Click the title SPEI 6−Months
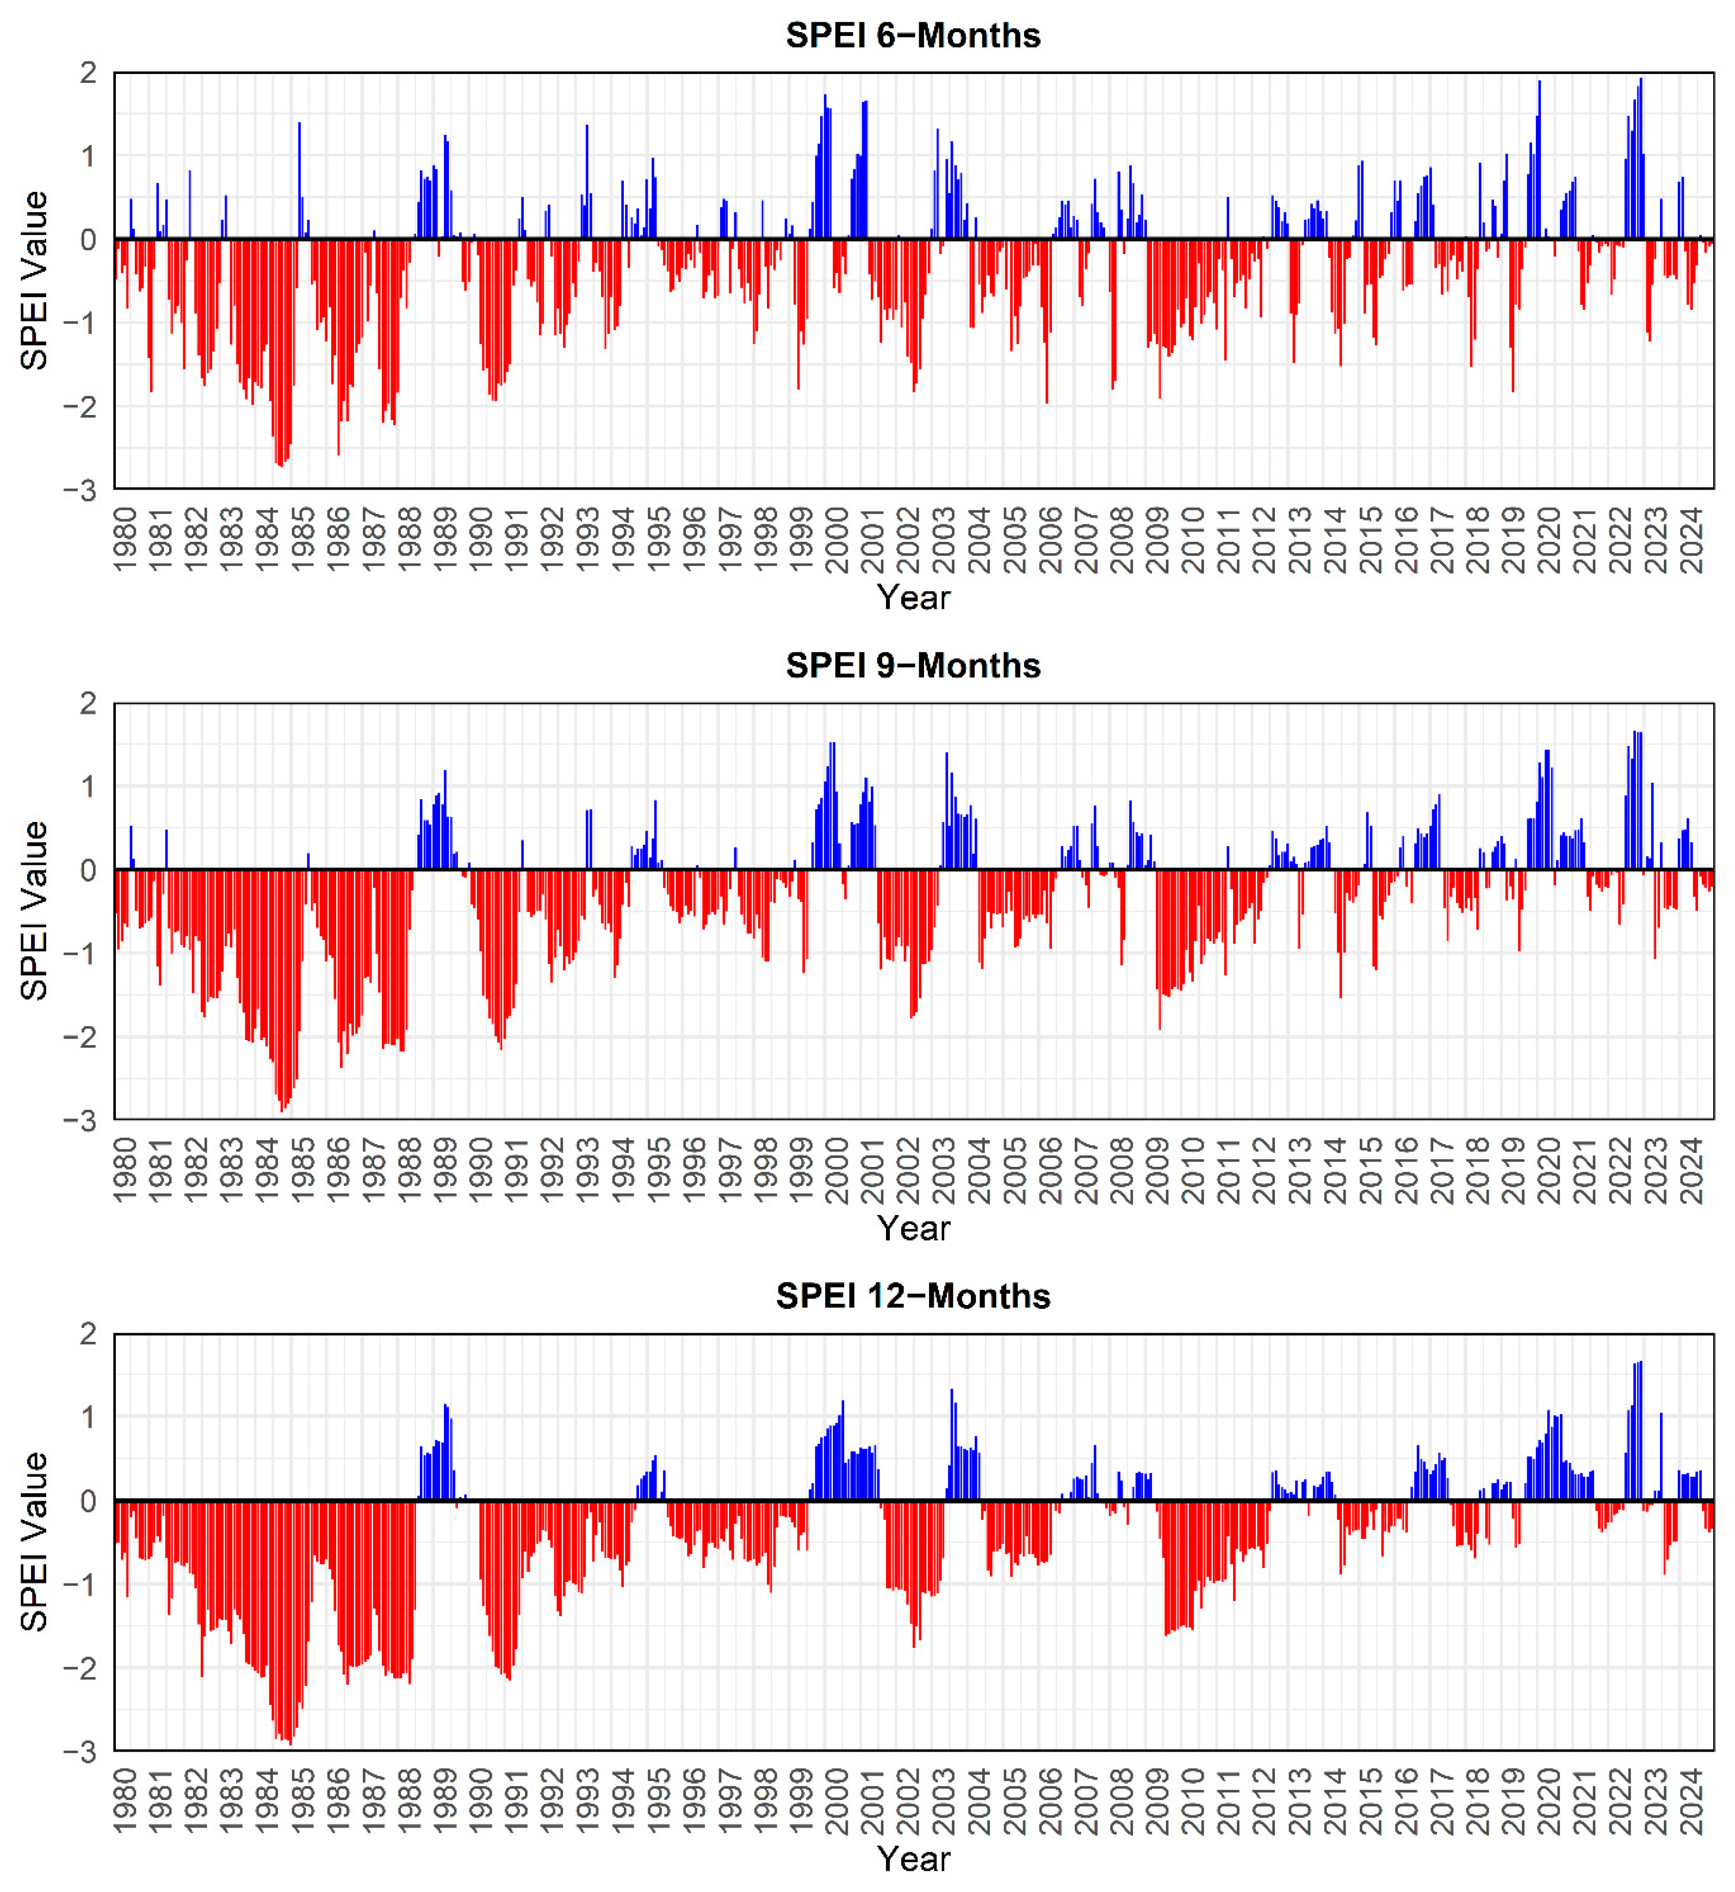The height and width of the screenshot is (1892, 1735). [x=913, y=36]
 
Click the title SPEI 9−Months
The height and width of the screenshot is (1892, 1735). [x=913, y=666]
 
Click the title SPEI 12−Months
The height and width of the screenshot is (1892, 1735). [x=913, y=1296]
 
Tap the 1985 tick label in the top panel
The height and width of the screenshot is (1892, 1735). [x=302, y=540]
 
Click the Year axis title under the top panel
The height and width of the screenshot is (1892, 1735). [x=913, y=597]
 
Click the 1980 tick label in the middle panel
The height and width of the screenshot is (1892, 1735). [x=124, y=1170]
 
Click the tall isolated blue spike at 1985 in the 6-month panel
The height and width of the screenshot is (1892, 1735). [x=300, y=178]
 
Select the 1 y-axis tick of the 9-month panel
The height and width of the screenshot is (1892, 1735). [x=88, y=787]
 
